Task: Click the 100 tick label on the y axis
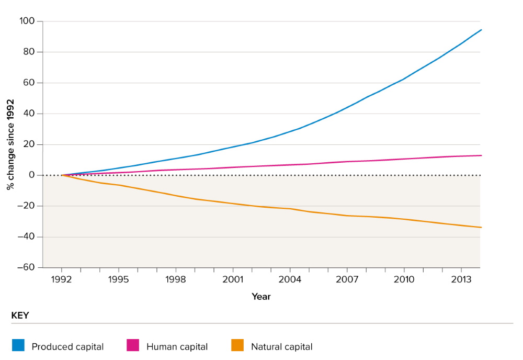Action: click(27, 21)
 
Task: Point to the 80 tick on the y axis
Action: click(29, 52)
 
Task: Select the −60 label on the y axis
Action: click(25, 267)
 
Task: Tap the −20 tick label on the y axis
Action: click(25, 206)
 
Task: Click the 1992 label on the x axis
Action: click(62, 279)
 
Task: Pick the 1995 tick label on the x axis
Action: click(119, 279)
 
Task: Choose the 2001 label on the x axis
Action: click(233, 279)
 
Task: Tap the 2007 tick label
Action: click(347, 279)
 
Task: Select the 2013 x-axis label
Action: click(461, 279)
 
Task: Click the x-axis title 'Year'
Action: click(261, 297)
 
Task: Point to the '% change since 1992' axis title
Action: click(10, 144)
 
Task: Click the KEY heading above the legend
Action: click(20, 316)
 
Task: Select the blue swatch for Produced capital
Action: click(18, 345)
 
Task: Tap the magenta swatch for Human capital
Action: click(133, 345)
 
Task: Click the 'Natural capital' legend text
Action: click(281, 346)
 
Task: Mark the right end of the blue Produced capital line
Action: click(481, 30)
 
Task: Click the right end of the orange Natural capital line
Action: click(481, 227)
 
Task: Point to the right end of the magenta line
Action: click(481, 155)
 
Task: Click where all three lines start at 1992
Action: click(62, 175)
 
